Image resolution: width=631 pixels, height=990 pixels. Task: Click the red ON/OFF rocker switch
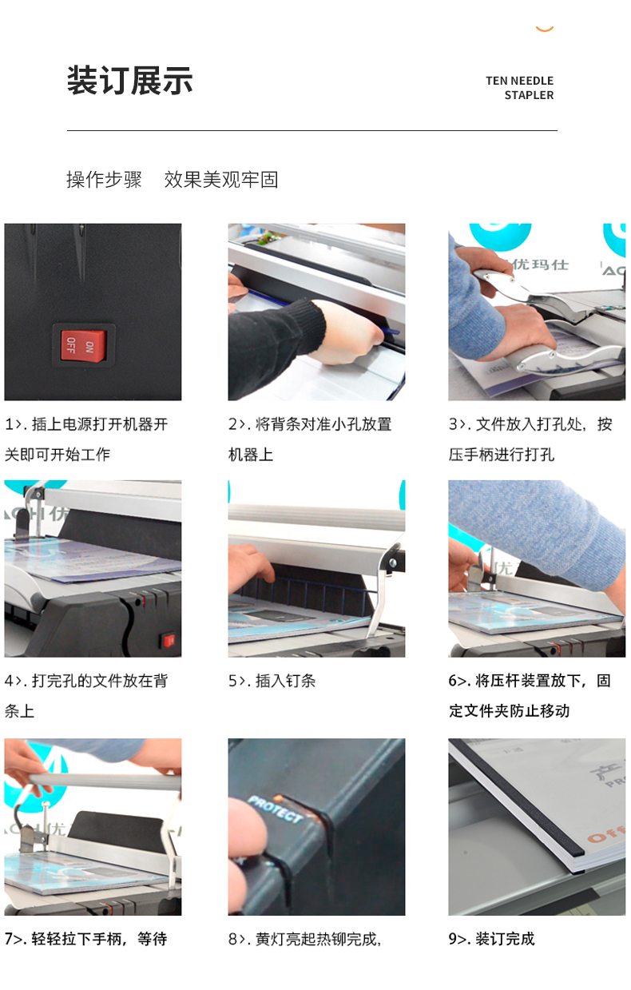point(84,344)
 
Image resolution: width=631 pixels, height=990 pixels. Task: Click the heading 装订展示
point(130,81)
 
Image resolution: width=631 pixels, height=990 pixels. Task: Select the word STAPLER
point(529,95)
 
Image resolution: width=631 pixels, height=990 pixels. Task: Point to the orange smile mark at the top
point(545,30)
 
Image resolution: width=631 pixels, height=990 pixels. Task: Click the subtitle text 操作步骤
point(104,180)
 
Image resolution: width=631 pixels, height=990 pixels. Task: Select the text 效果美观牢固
point(221,180)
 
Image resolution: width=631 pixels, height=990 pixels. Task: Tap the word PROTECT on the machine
point(275,809)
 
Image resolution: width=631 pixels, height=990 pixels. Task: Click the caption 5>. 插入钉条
point(272,681)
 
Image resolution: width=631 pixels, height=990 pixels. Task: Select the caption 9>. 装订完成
point(491,939)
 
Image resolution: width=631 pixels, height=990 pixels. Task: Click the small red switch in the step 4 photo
point(169,640)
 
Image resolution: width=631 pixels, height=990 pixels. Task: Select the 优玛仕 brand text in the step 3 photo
point(541,264)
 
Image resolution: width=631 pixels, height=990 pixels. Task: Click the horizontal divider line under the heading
point(312,130)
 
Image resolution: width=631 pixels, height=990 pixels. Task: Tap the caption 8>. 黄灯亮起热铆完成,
point(304,939)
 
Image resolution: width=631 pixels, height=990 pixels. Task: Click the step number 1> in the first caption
point(13,424)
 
